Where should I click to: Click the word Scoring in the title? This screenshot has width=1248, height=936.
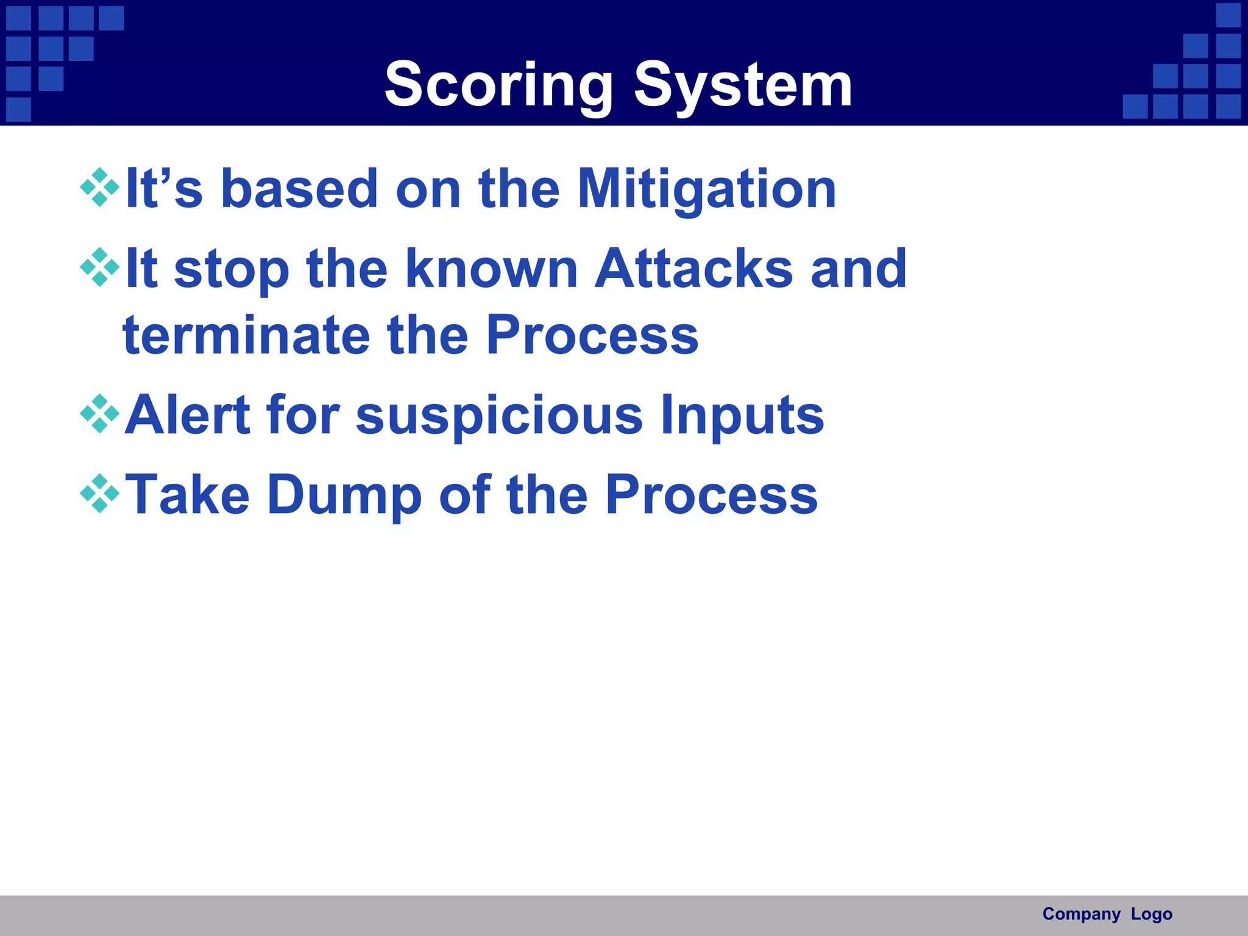(x=498, y=85)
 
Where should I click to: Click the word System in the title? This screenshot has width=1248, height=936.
(x=743, y=85)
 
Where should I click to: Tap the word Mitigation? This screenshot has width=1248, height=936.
(x=707, y=189)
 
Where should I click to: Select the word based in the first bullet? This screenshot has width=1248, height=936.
(x=299, y=189)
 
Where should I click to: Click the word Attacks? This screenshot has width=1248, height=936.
(x=693, y=269)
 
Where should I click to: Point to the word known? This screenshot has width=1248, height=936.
(x=491, y=269)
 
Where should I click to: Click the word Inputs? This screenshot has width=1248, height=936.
(x=742, y=416)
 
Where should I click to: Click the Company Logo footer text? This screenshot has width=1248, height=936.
(x=1107, y=914)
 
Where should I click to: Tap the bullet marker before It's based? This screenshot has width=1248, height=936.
(x=99, y=187)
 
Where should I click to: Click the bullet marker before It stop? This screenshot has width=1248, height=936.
(x=99, y=267)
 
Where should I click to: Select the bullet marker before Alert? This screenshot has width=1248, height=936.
(x=99, y=414)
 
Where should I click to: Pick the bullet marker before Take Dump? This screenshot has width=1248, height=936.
(x=99, y=494)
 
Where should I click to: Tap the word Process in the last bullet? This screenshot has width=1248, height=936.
(x=711, y=495)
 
